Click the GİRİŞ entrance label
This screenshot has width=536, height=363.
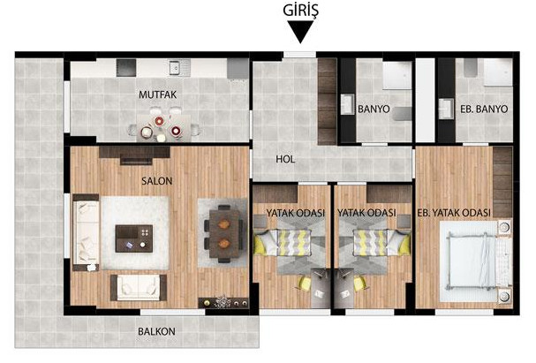click(x=300, y=11)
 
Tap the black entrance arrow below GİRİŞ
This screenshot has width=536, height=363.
click(x=300, y=31)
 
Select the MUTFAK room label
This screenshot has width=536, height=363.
click(x=157, y=95)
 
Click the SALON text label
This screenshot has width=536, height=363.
click(x=157, y=181)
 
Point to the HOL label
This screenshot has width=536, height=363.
click(x=285, y=159)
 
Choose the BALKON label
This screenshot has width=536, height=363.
click(x=156, y=331)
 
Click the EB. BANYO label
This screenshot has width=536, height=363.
click(x=484, y=109)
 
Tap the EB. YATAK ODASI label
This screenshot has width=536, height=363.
click(x=454, y=213)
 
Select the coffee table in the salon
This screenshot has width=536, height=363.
click(x=134, y=238)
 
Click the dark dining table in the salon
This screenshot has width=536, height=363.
click(x=224, y=234)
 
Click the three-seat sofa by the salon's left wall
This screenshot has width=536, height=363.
click(x=87, y=232)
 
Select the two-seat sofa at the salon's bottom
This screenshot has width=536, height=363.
click(x=139, y=287)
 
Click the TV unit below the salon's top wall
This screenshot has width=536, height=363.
click(x=135, y=155)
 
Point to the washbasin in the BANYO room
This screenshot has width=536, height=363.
click(x=348, y=104)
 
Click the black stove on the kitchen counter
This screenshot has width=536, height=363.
click(x=126, y=67)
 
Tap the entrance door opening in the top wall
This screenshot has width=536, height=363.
click(x=300, y=55)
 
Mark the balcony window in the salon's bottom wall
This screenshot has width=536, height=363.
click(x=172, y=312)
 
